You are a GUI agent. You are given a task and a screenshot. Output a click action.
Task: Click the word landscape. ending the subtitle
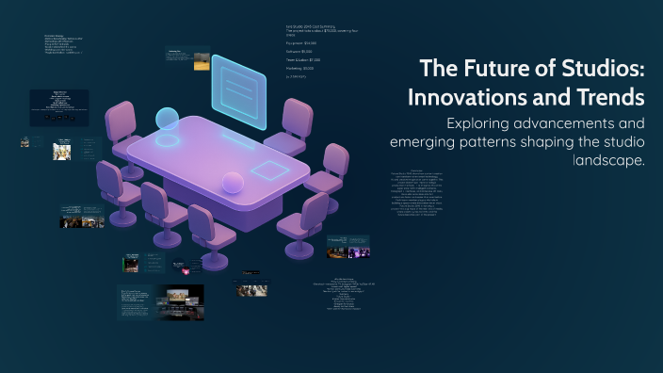608,160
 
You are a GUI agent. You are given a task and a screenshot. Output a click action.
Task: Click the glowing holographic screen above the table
240,91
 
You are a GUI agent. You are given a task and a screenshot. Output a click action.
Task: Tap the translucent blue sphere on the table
168,120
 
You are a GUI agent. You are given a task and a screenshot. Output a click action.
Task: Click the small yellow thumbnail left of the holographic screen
201,65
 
